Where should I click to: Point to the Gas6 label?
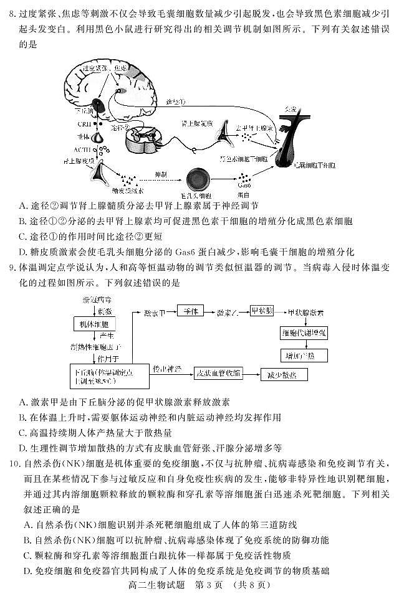click(x=244, y=185)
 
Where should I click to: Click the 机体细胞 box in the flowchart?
click(x=94, y=324)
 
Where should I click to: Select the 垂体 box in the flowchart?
click(x=191, y=310)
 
